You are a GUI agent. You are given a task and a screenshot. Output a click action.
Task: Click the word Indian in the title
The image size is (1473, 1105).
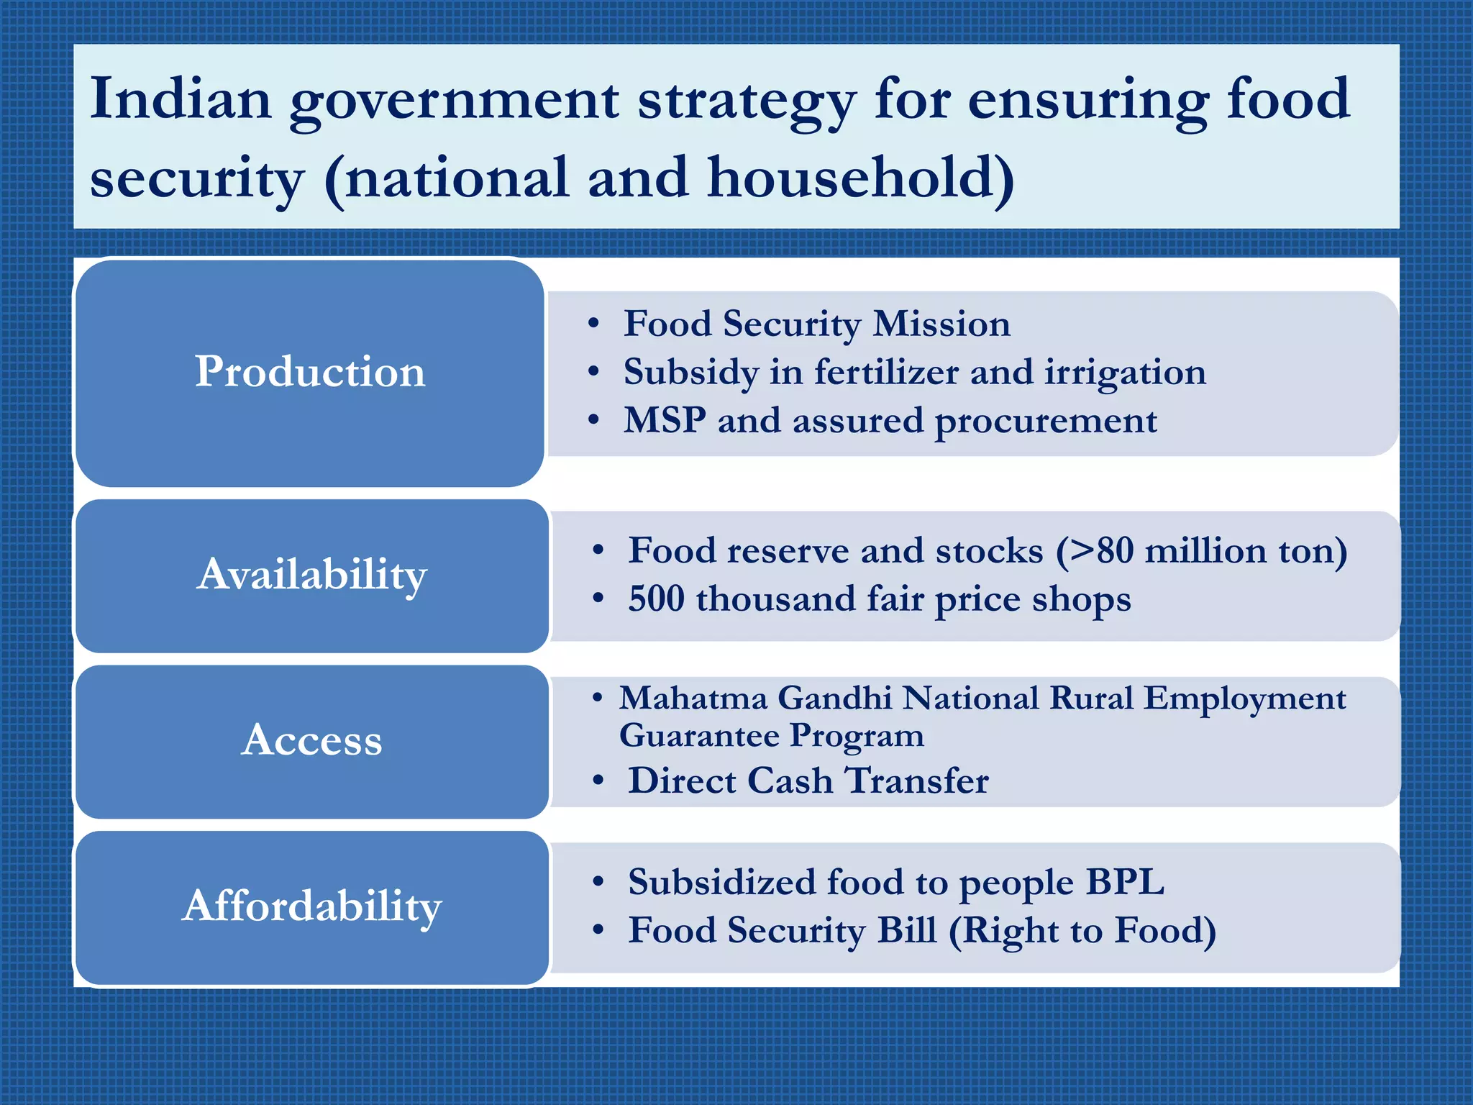181,99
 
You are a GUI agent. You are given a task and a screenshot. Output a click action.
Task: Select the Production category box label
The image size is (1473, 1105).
310,372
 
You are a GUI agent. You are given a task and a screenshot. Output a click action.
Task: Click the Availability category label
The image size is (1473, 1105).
312,575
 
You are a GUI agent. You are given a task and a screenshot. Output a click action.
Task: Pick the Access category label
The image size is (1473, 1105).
312,740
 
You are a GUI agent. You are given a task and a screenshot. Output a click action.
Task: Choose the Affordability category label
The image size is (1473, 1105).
312,906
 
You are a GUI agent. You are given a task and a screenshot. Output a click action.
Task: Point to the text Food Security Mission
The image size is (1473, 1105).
816,324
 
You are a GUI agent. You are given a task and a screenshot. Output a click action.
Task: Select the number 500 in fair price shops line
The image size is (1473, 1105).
656,599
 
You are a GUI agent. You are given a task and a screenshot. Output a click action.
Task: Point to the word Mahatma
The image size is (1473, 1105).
693,698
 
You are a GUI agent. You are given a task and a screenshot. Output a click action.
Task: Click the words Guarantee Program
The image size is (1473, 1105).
771,735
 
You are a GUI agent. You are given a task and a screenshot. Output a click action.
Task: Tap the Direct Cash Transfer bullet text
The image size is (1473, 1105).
808,781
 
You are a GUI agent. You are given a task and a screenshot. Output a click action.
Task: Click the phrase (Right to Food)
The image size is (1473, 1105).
1082,930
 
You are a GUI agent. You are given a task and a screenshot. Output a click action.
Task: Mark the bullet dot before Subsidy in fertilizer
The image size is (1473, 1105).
593,372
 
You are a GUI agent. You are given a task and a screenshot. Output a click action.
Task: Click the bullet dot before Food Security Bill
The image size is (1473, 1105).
598,929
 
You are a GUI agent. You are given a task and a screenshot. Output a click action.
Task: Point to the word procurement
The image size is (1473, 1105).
1046,422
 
